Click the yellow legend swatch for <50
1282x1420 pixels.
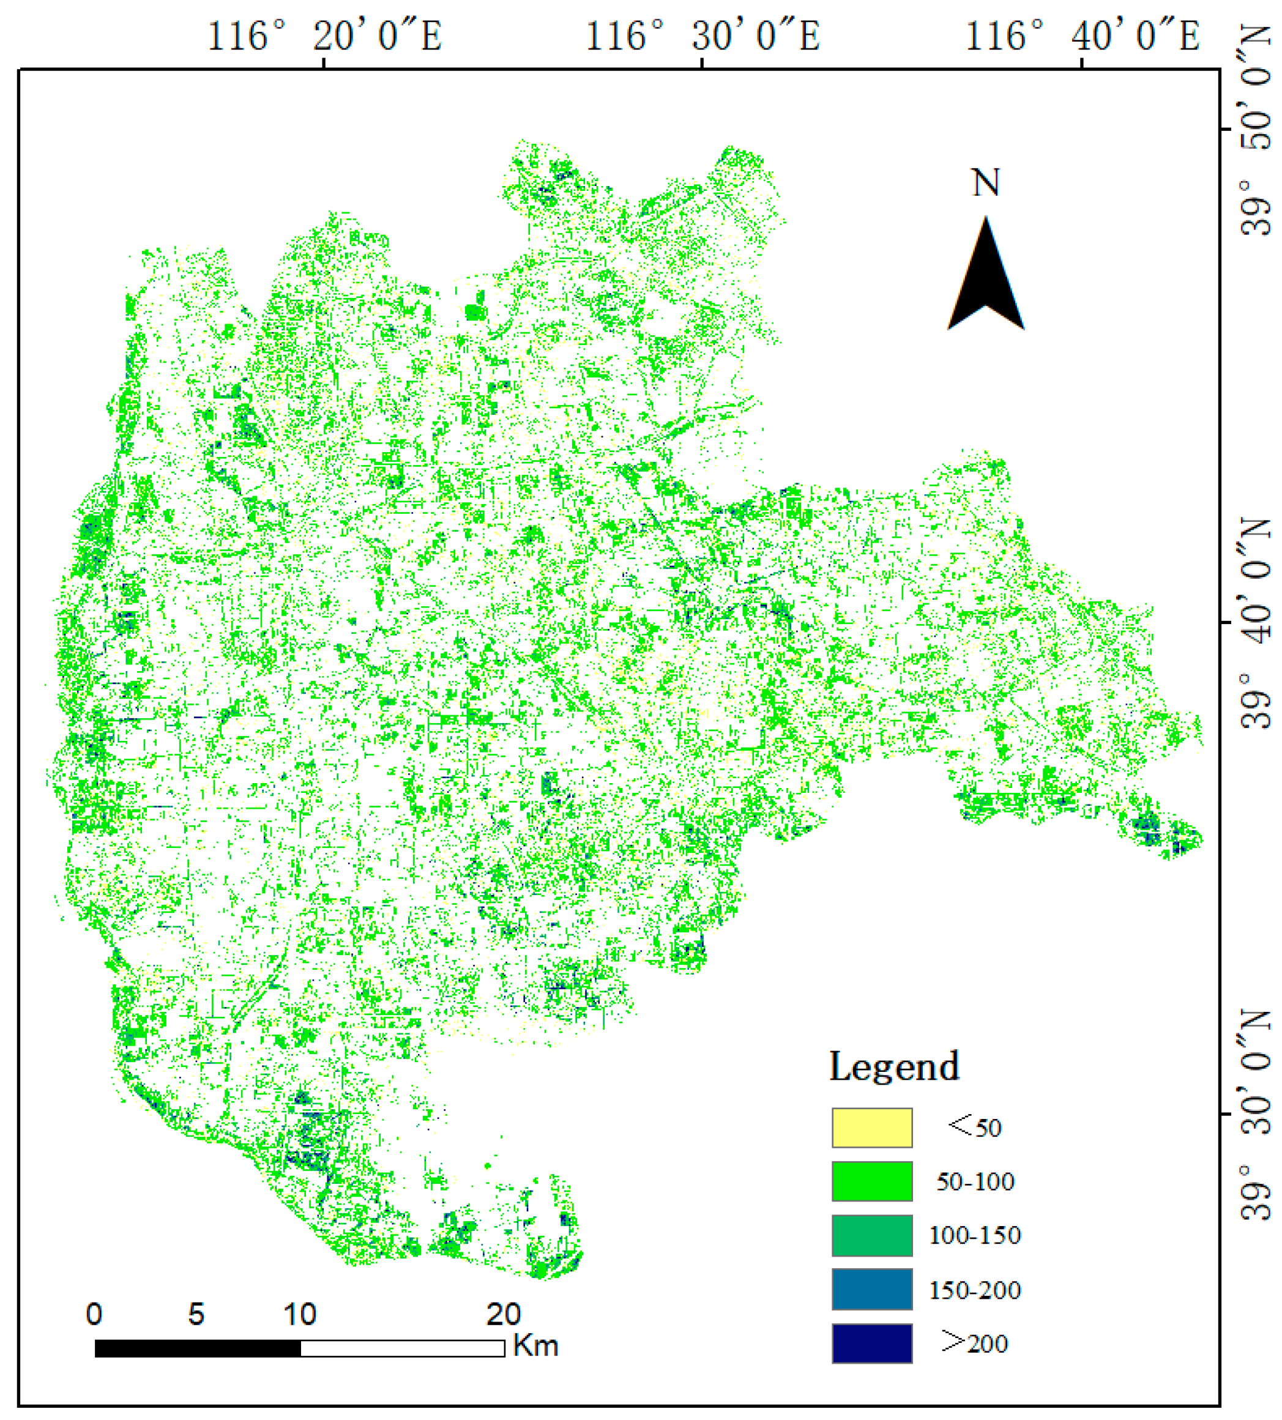[871, 1128]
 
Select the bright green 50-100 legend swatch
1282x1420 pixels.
[871, 1181]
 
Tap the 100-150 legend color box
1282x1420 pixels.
[871, 1235]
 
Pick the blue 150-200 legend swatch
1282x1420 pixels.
[871, 1290]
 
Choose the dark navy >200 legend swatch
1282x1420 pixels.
[871, 1344]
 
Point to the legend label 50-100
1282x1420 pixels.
[975, 1182]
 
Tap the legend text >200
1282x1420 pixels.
[975, 1344]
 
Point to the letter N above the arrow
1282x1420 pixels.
[985, 183]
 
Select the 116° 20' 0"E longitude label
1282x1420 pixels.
[324, 35]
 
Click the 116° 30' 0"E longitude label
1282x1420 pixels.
[703, 35]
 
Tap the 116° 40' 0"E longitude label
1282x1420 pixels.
[1082, 35]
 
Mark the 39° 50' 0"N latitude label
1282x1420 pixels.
[1258, 130]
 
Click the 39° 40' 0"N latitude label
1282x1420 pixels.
[1258, 623]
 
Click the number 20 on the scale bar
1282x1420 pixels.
[503, 1314]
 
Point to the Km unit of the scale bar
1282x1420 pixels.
[535, 1346]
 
